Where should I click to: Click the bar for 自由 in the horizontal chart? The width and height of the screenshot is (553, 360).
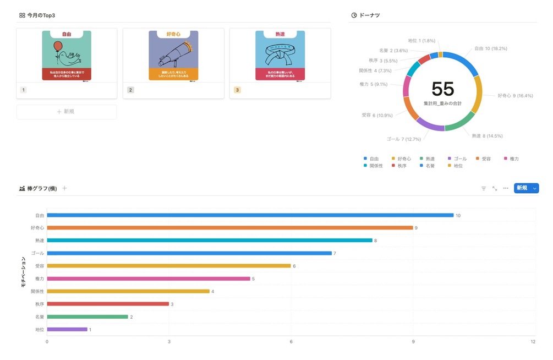click(x=250, y=215)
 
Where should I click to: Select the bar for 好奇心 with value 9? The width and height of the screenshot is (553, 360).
click(x=229, y=228)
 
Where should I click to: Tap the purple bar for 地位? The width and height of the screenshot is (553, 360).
click(x=67, y=330)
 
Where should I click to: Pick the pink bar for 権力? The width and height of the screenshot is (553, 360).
click(x=149, y=279)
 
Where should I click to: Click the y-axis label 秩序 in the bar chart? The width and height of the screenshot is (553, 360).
click(x=39, y=304)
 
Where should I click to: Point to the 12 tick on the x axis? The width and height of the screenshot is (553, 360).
click(x=533, y=342)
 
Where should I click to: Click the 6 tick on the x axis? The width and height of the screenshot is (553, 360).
click(x=291, y=342)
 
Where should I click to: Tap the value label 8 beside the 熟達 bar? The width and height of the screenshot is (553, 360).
click(x=376, y=241)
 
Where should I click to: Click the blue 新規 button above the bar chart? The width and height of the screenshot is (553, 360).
click(x=522, y=188)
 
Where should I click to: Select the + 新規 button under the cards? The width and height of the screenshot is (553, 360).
click(x=67, y=112)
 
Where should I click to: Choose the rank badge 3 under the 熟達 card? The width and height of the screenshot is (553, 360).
click(x=237, y=90)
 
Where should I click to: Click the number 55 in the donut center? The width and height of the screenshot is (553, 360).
click(x=442, y=89)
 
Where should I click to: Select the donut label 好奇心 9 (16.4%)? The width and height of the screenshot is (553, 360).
click(x=516, y=96)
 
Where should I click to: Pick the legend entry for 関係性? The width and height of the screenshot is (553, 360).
click(x=376, y=166)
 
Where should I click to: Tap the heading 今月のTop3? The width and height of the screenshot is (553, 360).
click(x=41, y=15)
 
